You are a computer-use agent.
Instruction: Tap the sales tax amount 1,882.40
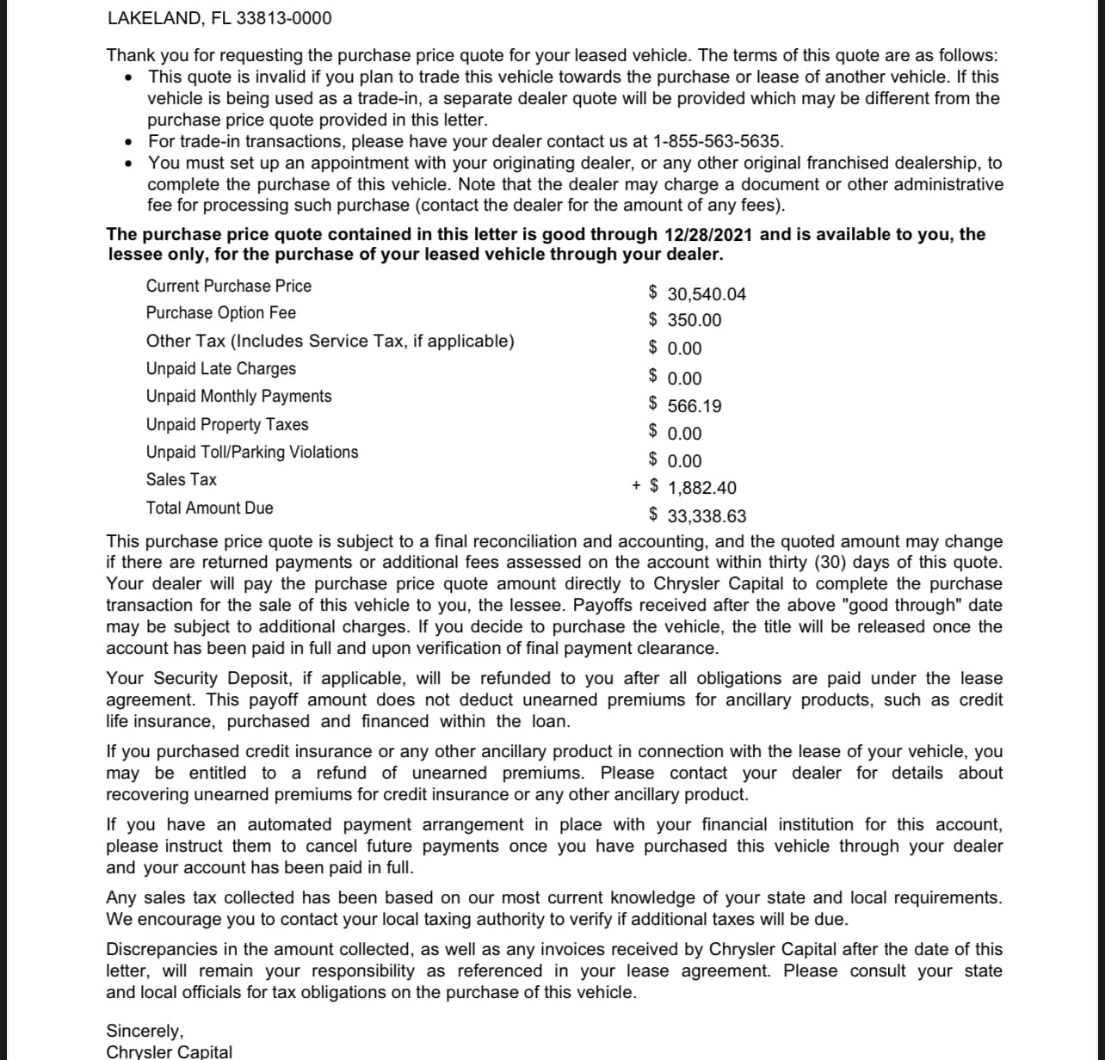pos(701,488)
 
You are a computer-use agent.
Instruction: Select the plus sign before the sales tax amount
pos(636,486)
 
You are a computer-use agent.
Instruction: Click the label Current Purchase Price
pos(229,286)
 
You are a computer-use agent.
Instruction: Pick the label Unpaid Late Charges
pos(221,368)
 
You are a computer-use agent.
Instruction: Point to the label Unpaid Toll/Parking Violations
pos(252,452)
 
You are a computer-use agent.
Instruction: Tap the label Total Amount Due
pos(210,508)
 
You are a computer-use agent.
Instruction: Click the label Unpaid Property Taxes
pos(227,424)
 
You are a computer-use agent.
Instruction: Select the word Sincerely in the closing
pos(145,1031)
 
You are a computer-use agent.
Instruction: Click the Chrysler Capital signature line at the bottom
pos(169,1051)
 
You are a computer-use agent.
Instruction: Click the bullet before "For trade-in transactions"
pos(128,142)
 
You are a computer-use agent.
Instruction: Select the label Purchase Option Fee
pos(221,312)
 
